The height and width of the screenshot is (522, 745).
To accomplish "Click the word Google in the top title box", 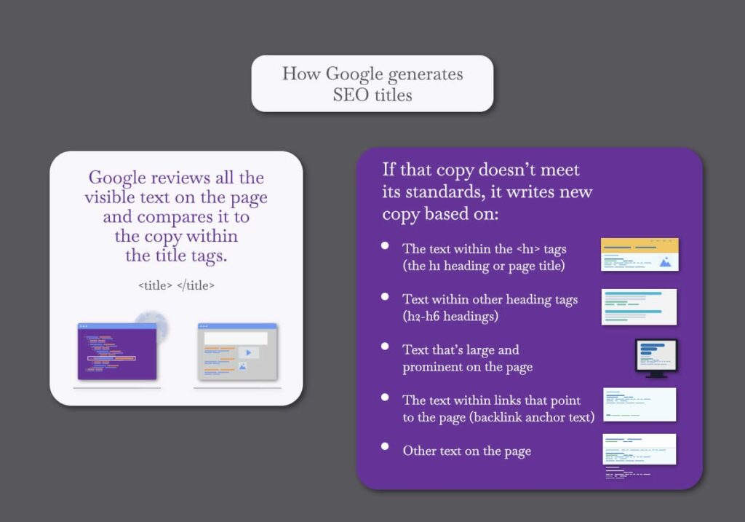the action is [x=354, y=75].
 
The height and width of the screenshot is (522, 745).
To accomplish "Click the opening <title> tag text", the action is [x=156, y=285].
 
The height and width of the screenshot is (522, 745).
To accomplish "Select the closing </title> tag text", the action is [x=195, y=285].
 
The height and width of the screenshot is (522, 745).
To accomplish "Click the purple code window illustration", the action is [x=117, y=352].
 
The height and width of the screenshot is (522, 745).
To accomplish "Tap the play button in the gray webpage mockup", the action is [x=249, y=353].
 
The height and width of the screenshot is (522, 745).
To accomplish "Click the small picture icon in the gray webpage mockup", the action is [x=243, y=366].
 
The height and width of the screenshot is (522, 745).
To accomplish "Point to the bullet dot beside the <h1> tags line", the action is [x=385, y=246].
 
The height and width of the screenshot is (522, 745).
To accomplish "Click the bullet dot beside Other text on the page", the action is [x=385, y=446].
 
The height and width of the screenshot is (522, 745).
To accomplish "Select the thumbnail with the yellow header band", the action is [x=640, y=255].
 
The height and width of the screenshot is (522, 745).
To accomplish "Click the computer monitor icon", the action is [x=656, y=358].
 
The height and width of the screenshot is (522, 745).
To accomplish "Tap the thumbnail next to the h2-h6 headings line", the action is [x=639, y=307].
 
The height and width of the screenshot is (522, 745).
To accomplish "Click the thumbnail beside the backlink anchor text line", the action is [x=640, y=405].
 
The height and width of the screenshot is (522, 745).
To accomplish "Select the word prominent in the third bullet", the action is [x=432, y=368].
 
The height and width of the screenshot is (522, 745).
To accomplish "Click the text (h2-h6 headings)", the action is [x=450, y=316].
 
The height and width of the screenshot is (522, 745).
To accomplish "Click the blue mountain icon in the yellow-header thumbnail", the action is [x=666, y=261].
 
